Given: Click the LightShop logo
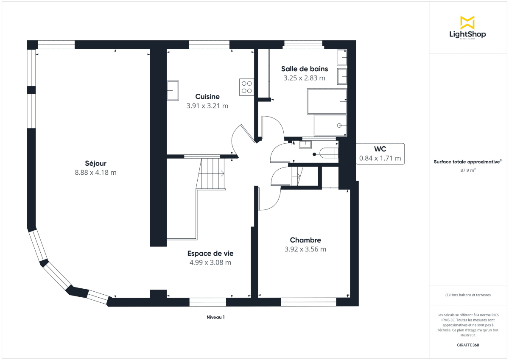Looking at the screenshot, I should (x=467, y=28).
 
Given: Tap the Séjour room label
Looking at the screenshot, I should (x=95, y=163).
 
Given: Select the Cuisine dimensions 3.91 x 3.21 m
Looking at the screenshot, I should (x=207, y=106).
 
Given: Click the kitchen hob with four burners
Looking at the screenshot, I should (x=246, y=87).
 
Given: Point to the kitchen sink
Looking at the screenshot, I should (x=173, y=90).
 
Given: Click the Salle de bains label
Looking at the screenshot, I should (x=304, y=69).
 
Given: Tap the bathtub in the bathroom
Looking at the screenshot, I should (x=327, y=101).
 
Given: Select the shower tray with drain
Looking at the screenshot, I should (x=330, y=125).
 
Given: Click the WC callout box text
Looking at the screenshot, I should (x=380, y=153).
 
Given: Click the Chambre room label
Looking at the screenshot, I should (x=305, y=240).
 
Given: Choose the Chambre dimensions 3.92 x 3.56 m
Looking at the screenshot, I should (x=305, y=249).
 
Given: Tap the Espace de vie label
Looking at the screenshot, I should (x=210, y=254).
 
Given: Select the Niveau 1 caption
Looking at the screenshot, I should (x=215, y=317).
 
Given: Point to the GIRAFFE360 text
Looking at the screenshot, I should (x=467, y=345).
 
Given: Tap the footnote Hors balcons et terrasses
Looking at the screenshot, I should (x=467, y=295).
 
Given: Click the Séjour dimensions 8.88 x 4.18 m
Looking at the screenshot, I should (x=95, y=173).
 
